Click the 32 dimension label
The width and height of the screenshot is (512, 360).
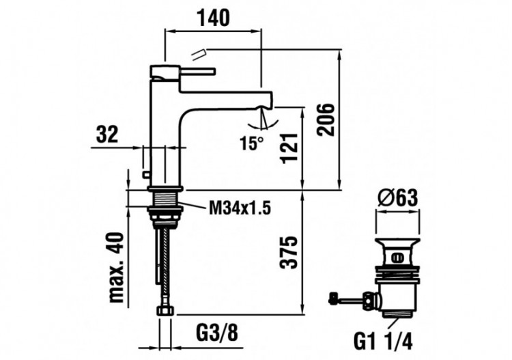108,135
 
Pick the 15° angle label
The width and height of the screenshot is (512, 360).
251,143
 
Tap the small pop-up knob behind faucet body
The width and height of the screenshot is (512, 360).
144,176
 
